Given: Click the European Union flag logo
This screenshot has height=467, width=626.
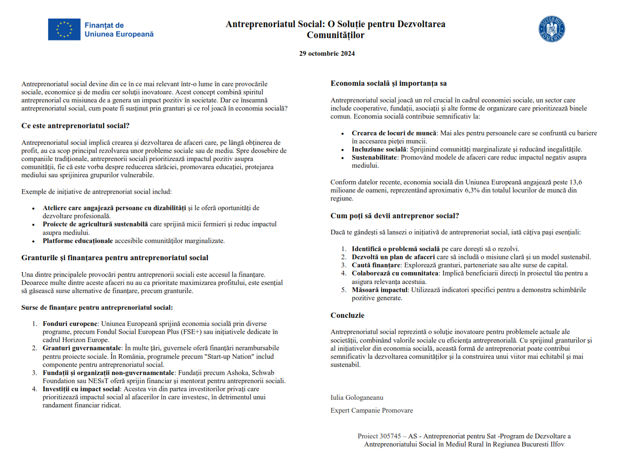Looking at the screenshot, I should point(64,30).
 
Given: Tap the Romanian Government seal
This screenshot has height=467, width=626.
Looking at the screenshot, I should point(552,29).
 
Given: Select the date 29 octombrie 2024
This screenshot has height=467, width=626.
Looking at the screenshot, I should point(327,54).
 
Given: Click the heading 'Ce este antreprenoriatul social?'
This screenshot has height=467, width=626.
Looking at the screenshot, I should point(75,126).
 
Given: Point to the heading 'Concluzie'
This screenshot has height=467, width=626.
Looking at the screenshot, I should point(347,315).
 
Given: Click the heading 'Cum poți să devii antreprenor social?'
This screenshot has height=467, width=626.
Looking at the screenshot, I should point(395,216).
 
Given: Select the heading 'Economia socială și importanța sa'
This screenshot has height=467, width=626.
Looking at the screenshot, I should point(388,83).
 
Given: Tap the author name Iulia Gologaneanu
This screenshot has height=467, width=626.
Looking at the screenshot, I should point(357,398).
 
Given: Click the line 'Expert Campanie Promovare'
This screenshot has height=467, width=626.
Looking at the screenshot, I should point(372,411).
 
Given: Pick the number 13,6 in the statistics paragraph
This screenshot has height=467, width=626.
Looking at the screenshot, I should point(575,183).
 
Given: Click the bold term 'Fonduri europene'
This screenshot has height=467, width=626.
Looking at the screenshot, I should point(70,324).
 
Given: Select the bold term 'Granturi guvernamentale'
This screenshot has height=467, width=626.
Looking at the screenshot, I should point(82,348).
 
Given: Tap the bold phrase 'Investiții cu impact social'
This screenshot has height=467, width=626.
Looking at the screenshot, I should point(81,389).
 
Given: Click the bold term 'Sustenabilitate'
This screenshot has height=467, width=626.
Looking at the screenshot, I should point(375,158).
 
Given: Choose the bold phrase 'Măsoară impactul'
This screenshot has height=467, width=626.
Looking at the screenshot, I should point(379,290).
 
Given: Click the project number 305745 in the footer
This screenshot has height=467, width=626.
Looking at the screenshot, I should point(390,437).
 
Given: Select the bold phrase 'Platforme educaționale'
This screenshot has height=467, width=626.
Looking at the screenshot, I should point(78,241).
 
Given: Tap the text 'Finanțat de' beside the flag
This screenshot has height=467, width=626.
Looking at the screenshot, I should point(104,25).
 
